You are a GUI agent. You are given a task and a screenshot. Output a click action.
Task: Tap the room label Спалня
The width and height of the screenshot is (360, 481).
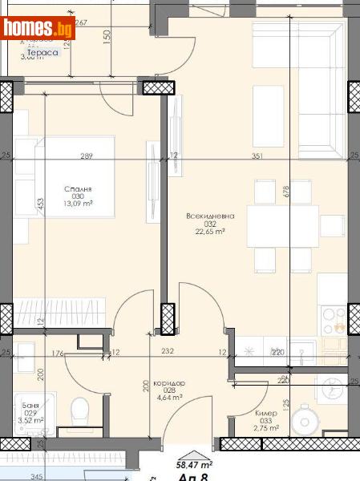79,190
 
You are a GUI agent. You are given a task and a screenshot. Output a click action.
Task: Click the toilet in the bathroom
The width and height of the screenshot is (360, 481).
79,412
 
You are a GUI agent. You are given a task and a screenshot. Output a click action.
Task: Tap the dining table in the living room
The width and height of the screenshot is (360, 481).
281,225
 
